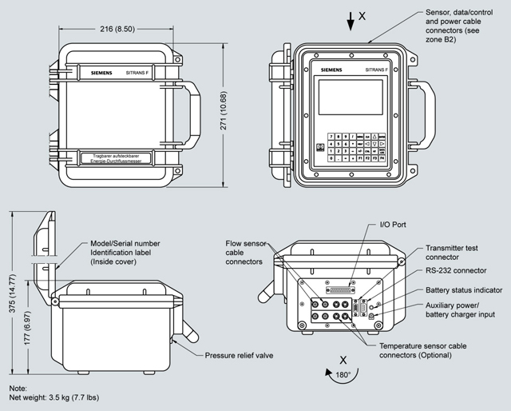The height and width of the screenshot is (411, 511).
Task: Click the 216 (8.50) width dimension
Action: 117,27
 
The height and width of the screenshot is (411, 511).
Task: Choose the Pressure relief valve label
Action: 240,355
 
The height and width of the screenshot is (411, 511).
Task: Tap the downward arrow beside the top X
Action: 350,22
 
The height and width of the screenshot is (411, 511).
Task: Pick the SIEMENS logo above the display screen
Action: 334,70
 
